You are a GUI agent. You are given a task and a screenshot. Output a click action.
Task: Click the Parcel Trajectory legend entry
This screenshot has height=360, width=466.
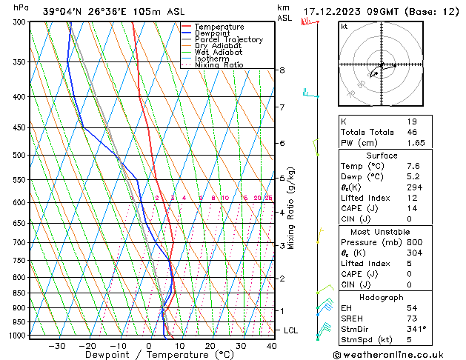pyautogui.click(x=228, y=40)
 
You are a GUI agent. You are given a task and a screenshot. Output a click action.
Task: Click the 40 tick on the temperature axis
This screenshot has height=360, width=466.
pyautogui.click(x=271, y=346)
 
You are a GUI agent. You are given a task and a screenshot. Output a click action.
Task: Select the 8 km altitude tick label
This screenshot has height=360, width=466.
pyautogui.click(x=282, y=70)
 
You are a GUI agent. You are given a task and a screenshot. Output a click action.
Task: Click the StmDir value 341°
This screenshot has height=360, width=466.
pyautogui.click(x=416, y=329)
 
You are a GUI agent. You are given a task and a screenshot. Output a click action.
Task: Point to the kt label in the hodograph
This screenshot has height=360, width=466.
pyautogui.click(x=344, y=26)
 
